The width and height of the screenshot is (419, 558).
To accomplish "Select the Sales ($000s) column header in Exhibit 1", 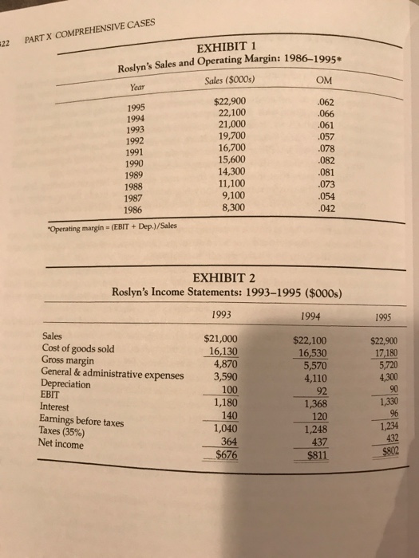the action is (x=225, y=79).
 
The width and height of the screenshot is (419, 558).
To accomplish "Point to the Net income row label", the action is (x=69, y=443).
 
